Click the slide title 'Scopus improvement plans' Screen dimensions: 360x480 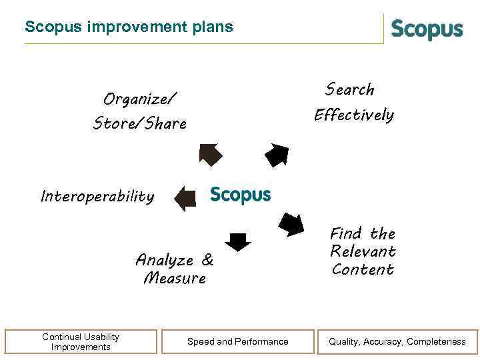129,27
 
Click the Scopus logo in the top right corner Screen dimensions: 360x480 427,30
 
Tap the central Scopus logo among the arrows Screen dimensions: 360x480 241,195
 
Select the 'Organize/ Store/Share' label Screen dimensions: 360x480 140,111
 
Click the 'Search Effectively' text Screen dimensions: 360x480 353,102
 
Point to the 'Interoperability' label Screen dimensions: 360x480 97,197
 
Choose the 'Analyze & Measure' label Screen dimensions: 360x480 175,269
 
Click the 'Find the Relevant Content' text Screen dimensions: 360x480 363,251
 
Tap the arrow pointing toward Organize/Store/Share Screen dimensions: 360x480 210,155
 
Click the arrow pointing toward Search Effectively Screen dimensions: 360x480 277,155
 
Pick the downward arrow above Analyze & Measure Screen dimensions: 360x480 238,241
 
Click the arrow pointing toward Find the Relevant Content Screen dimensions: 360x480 291,224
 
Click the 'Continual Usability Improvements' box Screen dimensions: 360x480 81,341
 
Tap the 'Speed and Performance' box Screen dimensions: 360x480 238,341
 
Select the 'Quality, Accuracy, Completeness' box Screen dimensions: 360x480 397,341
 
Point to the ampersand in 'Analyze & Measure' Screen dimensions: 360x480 207,260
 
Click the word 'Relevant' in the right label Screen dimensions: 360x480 363,251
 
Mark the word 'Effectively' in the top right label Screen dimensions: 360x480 354,115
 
